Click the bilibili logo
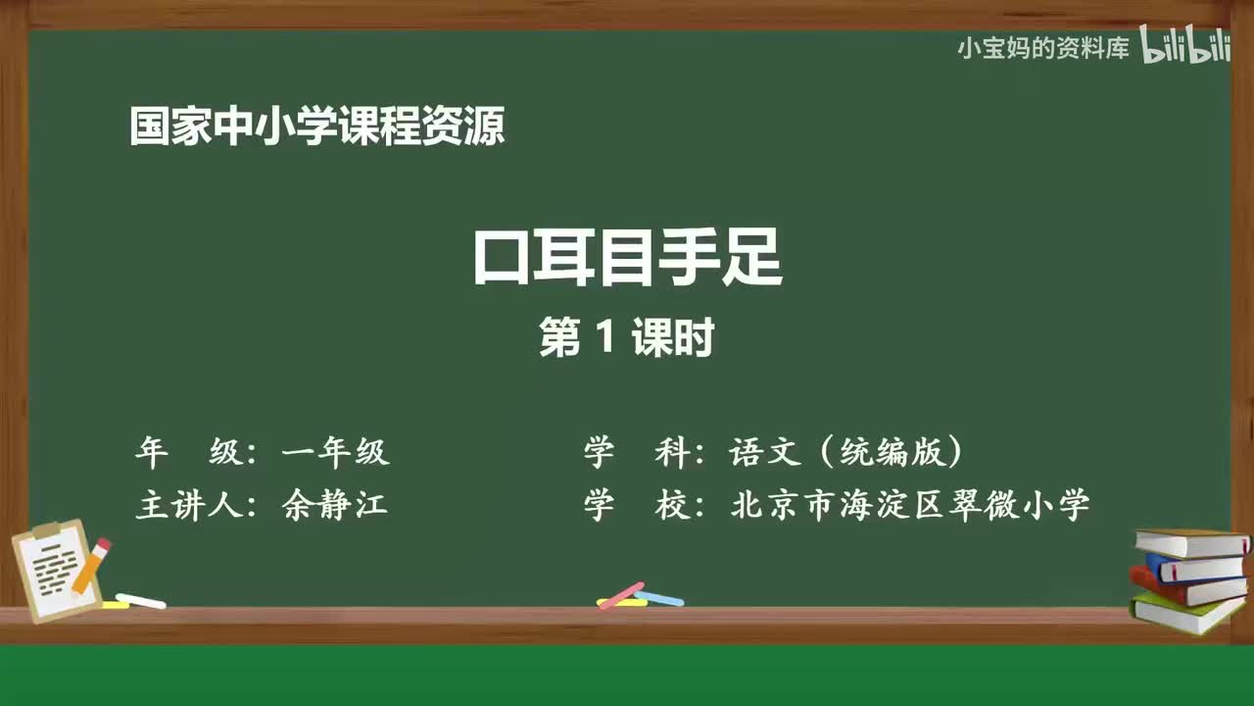[1185, 47]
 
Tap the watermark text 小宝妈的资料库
[1043, 48]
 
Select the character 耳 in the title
[564, 258]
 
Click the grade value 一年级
[335, 452]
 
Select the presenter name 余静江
[335, 505]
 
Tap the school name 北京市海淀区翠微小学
[910, 505]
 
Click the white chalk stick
[140, 600]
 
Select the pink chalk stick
[621, 594]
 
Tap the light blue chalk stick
[659, 597]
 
